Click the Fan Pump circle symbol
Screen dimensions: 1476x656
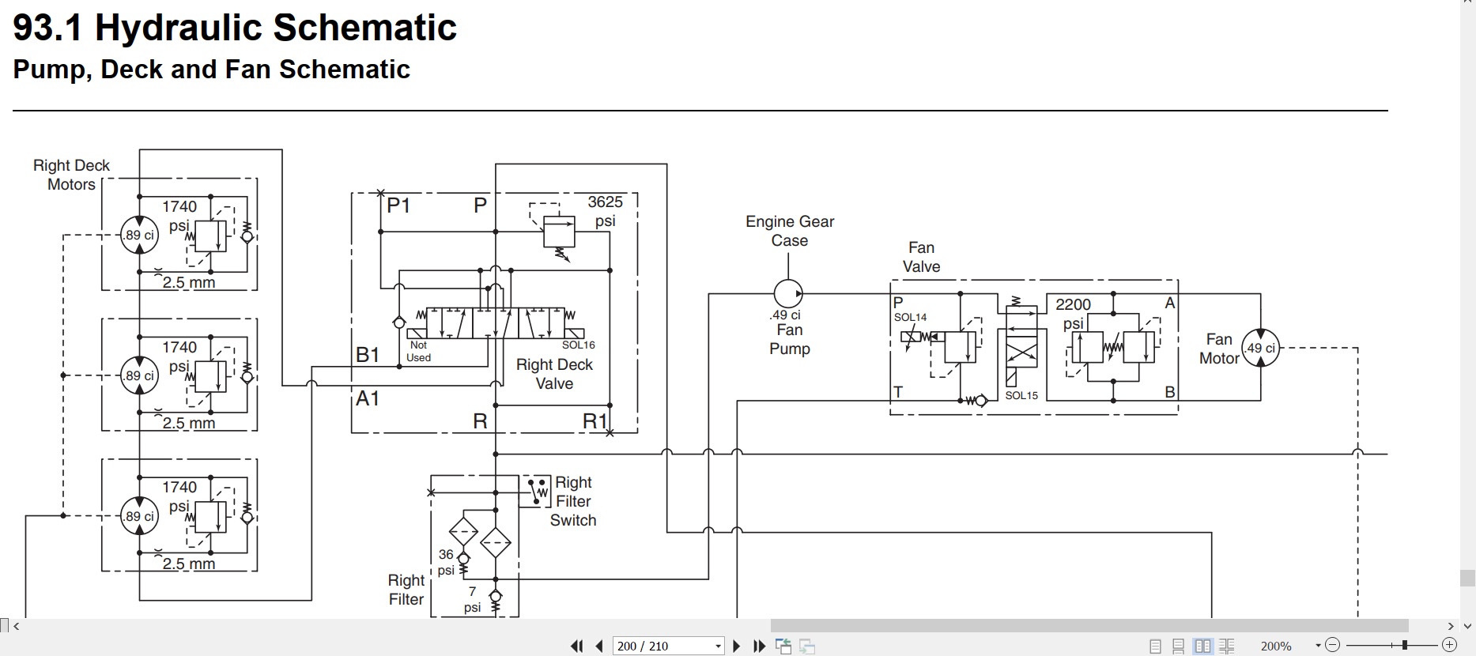(787, 294)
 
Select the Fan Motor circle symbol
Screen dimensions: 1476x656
(1260, 348)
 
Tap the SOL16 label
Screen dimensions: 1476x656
(579, 345)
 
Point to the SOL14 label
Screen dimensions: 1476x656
(910, 318)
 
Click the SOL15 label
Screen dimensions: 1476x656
(1021, 395)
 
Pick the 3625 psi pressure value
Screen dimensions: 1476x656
(605, 211)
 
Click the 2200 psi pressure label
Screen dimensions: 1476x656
(1073, 314)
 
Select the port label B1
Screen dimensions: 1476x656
(368, 355)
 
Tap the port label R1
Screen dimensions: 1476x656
(595, 422)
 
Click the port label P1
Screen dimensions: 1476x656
(398, 205)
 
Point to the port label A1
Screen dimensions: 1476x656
(368, 398)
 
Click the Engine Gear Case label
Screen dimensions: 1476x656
(790, 231)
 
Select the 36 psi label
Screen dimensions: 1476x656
(446, 562)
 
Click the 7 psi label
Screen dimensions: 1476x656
(472, 599)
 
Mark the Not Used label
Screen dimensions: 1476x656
(418, 352)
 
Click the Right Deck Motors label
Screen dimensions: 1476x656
(71, 175)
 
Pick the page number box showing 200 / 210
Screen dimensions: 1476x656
(669, 646)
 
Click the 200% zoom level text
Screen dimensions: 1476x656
(1276, 646)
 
